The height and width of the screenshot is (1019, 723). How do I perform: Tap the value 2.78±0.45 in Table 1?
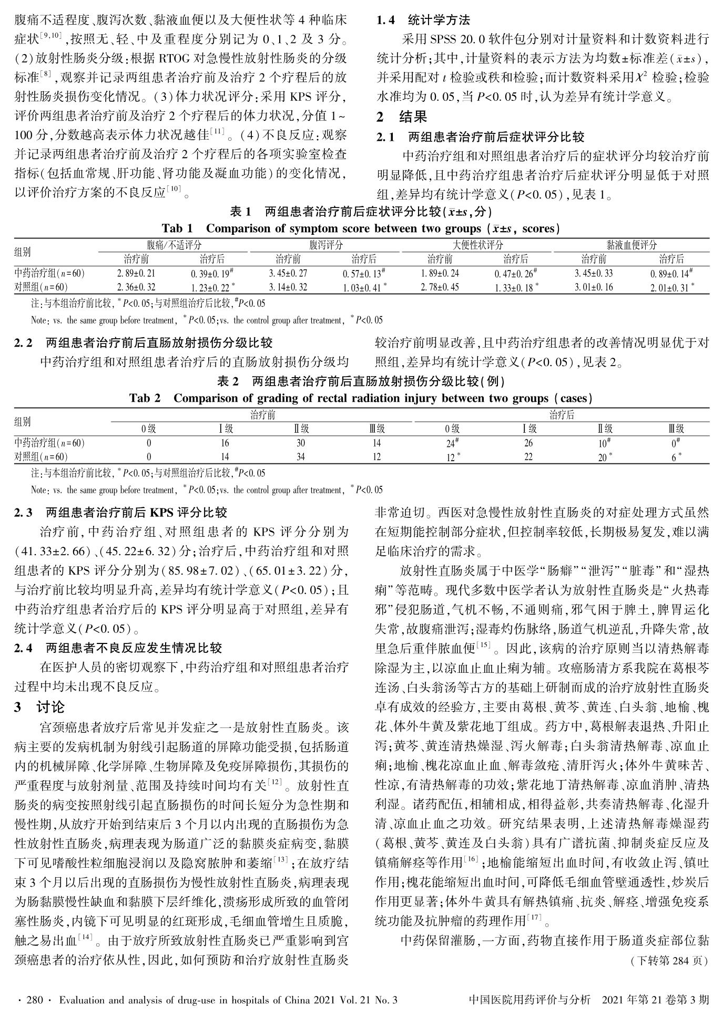[x=440, y=287]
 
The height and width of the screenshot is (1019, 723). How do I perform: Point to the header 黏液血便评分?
[x=632, y=245]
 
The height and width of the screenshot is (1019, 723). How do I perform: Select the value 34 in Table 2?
[x=300, y=457]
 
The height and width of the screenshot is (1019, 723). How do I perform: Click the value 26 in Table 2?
[x=528, y=443]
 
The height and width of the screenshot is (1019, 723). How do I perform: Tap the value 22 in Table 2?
[x=528, y=457]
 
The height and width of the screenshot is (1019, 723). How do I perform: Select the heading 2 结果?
[x=402, y=117]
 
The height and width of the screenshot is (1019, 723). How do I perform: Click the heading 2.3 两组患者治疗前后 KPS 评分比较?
[x=121, y=512]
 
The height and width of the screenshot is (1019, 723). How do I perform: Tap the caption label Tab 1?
[x=178, y=228]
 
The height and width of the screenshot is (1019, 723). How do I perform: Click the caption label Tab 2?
[x=145, y=398]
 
